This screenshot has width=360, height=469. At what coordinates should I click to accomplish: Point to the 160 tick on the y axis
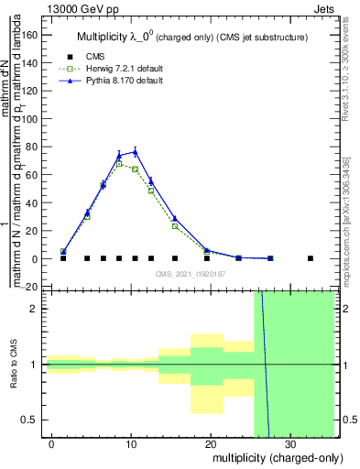[x=35, y=34]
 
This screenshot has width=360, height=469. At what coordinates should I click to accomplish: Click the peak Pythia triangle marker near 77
[x=135, y=151]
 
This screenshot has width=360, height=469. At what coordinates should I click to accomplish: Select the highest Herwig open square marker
[x=119, y=164]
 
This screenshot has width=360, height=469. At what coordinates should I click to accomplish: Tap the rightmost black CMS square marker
[x=310, y=258]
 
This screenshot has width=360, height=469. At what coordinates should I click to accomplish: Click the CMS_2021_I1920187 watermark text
[x=190, y=274]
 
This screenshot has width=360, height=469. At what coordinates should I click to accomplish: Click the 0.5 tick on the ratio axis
[x=35, y=420]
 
